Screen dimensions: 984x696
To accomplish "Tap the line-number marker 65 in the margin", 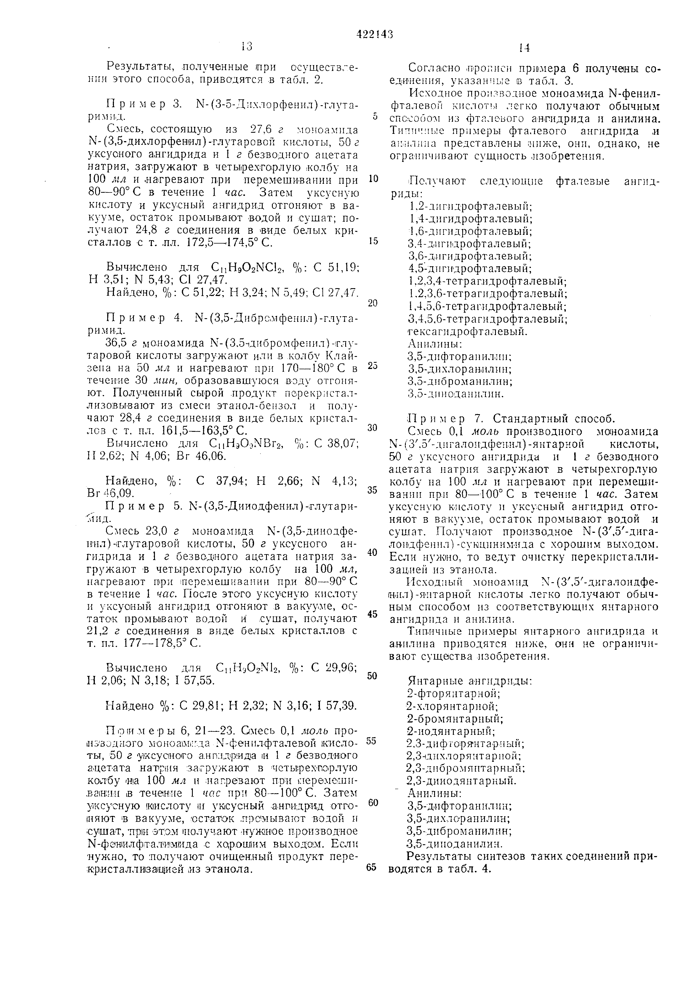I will coord(371,866).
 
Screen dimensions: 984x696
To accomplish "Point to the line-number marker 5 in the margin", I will coord(375,116).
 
